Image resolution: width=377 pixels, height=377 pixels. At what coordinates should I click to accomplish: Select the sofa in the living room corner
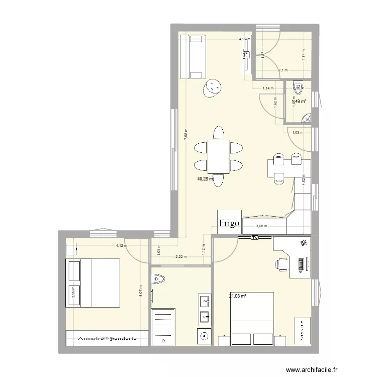coord(193,57)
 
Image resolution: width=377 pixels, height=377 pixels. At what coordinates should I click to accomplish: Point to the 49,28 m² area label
coord(205,178)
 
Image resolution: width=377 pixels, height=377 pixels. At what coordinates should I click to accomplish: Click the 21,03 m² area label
coord(237,296)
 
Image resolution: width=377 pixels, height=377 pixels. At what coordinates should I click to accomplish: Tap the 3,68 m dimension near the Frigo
coord(262,226)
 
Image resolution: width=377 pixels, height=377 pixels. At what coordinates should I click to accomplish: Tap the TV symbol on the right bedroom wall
coord(255,237)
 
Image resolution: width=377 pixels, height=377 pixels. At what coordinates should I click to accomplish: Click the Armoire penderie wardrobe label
coord(107,338)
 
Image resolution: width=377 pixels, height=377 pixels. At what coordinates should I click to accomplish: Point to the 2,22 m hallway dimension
coord(180,256)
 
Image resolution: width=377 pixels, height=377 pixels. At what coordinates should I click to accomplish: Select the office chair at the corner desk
coord(280,263)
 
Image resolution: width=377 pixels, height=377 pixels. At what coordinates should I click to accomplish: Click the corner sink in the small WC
coord(306,119)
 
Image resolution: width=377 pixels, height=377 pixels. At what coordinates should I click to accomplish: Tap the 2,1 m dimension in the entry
coord(282,70)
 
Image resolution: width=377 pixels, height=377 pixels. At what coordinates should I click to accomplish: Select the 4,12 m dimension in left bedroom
coord(121,246)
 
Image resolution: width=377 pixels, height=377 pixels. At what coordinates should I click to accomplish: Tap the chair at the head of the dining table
coord(218,132)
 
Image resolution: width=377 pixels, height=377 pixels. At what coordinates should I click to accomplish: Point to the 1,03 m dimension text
coord(298,133)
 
